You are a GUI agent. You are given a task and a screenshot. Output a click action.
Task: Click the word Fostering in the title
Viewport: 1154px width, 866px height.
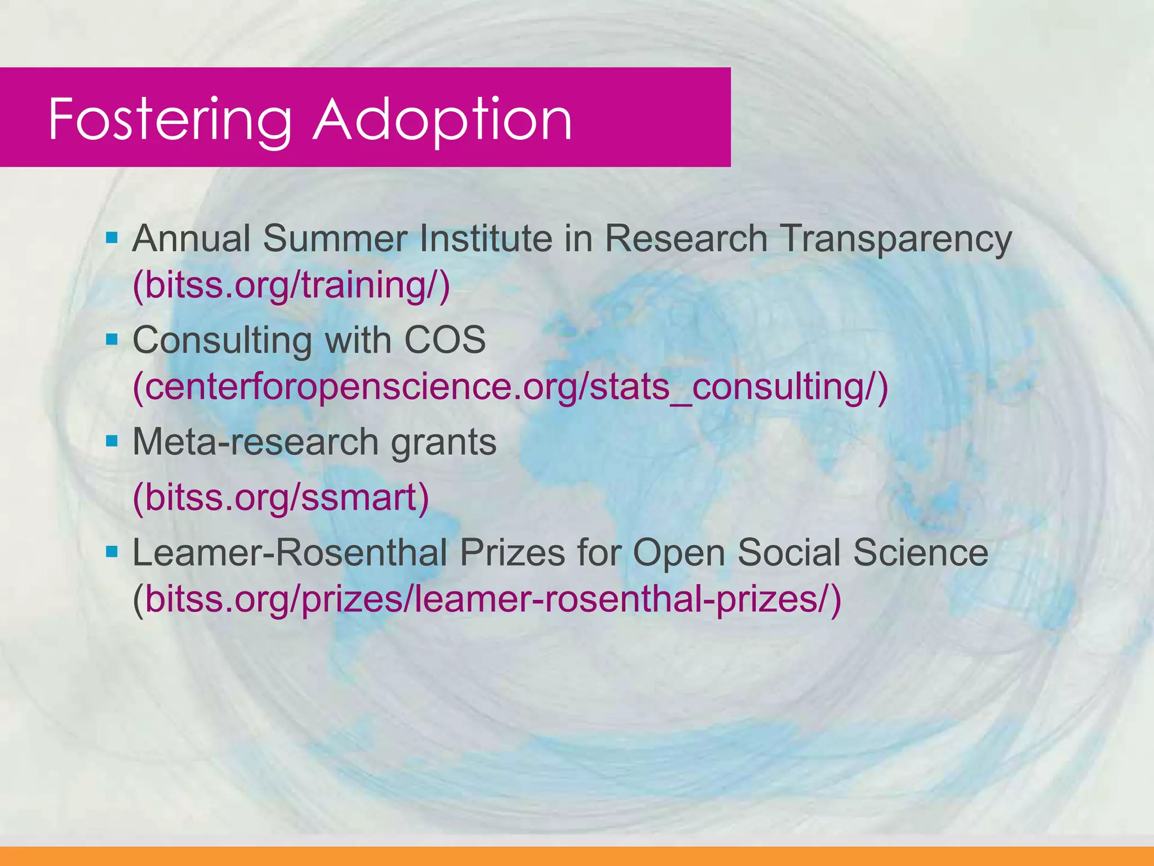point(169,120)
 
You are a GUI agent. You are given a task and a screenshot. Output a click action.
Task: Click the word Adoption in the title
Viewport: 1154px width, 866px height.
point(442,120)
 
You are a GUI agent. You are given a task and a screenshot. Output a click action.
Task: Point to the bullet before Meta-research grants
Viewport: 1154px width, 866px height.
point(112,440)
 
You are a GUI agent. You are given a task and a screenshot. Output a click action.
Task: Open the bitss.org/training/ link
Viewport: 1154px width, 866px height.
point(291,285)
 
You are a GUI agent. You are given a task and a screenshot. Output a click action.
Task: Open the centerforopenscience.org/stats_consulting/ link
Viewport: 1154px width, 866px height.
point(510,387)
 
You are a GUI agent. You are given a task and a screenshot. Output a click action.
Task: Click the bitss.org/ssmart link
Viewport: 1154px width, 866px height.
point(281,497)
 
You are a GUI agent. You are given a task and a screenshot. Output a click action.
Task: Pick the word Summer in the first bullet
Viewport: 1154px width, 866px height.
point(334,238)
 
